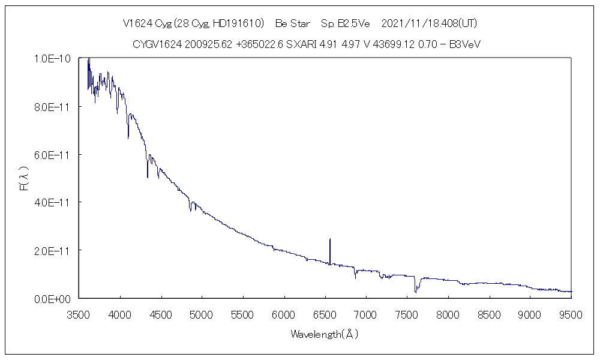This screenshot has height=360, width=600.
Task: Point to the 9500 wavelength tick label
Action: pos(570,314)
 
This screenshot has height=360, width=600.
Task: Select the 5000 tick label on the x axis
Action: pos(202,314)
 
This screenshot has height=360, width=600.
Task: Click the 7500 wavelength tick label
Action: pos(406,314)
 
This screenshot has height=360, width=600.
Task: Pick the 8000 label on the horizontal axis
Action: pos(447,314)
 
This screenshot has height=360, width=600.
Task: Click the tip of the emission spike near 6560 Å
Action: pos(330,239)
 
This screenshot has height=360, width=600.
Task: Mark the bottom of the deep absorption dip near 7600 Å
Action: pos(415,292)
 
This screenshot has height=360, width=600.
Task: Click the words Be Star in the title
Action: pos(293,24)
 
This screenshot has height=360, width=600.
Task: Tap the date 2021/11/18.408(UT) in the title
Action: pos(429,24)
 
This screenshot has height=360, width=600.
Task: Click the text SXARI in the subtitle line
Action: pos(298,44)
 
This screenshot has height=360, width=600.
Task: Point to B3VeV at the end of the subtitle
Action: pos(467,44)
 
